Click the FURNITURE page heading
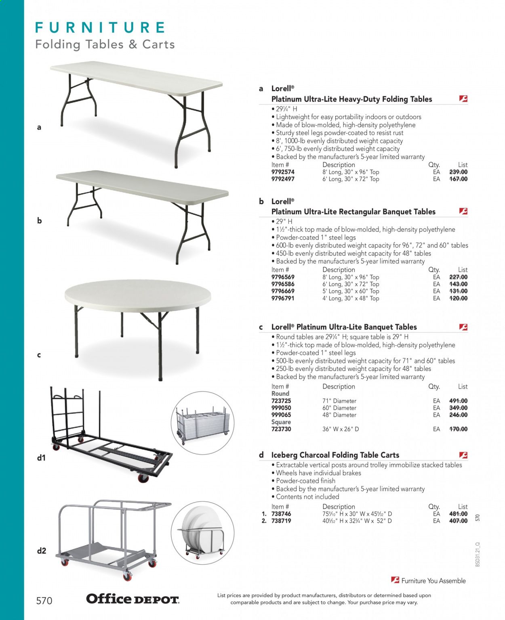pyautogui.click(x=100, y=27)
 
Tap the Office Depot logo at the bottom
pyautogui.click(x=133, y=599)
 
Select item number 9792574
pyautogui.click(x=283, y=172)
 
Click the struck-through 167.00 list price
pyautogui.click(x=458, y=179)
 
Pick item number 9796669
pyautogui.click(x=283, y=291)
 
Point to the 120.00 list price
pyautogui.click(x=458, y=298)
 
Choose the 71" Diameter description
pyautogui.click(x=339, y=401)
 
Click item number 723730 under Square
pyautogui.click(x=281, y=429)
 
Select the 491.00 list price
pyautogui.click(x=458, y=401)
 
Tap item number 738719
pyautogui.click(x=281, y=521)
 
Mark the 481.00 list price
pyautogui.click(x=458, y=514)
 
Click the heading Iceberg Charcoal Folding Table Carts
pyautogui.click(x=335, y=455)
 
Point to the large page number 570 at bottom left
pyautogui.click(x=44, y=601)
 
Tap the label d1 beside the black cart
pyautogui.click(x=41, y=458)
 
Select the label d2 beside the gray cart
pyautogui.click(x=41, y=551)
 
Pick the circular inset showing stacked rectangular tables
pyautogui.click(x=202, y=422)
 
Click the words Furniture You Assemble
pyautogui.click(x=433, y=581)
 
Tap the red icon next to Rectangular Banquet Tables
pyautogui.click(x=463, y=211)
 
